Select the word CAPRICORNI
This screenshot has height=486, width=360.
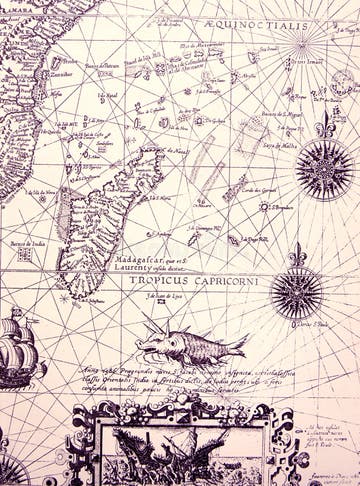(x=229, y=279)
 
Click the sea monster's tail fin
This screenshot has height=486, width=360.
(x=237, y=346)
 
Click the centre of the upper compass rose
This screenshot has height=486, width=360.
(x=325, y=166)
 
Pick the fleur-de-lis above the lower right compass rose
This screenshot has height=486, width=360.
(x=296, y=255)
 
